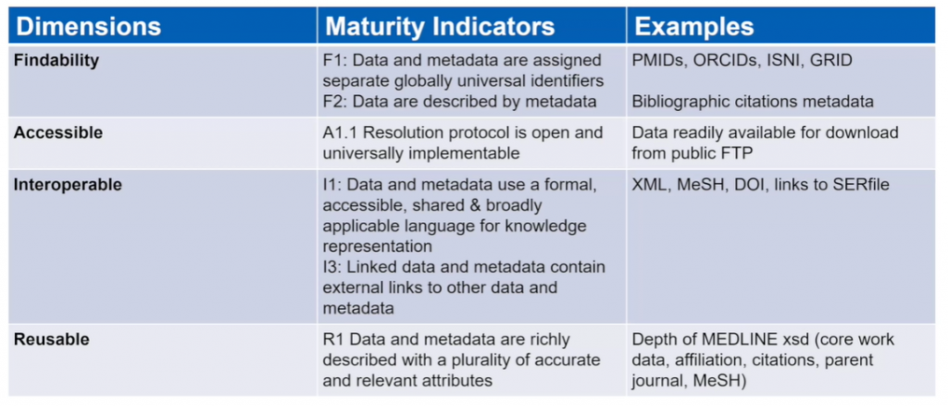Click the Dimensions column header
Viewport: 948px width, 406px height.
[88, 27]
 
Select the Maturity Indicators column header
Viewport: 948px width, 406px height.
[440, 27]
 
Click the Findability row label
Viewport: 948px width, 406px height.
[56, 61]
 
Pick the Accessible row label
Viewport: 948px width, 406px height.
[58, 133]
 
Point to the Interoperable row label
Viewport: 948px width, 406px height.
[68, 185]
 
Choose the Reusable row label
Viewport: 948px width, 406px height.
[52, 339]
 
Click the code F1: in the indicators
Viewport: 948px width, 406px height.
[335, 61]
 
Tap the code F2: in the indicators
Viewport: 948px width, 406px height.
[335, 102]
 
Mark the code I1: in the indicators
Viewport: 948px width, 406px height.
[332, 185]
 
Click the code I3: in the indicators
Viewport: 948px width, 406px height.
[332, 266]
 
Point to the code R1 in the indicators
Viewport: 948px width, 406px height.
[333, 339]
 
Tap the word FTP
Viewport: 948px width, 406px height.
[737, 154]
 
